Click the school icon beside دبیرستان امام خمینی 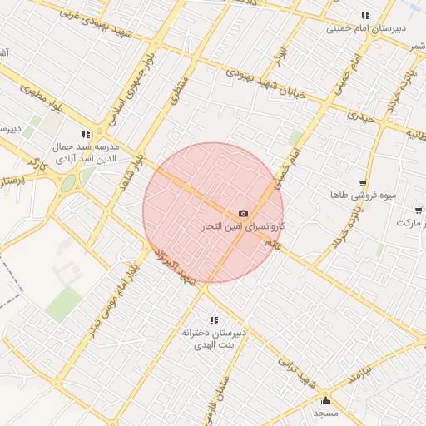point(365,15)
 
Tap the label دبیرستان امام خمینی point(365,28)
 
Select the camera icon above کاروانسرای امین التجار point(243,214)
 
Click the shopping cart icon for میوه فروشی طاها point(362,183)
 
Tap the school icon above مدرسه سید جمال point(86,134)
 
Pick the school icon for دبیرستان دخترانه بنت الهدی point(215,320)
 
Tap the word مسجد point(325,414)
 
